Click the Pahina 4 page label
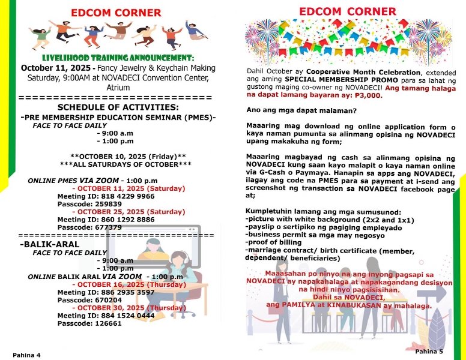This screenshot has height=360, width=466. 26,355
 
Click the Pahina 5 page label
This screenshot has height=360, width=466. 428,351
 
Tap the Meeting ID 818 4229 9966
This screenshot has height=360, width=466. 106,196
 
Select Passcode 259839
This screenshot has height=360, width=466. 81,204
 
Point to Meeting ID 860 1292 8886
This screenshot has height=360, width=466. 106,220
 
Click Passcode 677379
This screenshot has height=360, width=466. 81,227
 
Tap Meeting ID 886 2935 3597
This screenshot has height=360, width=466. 106,292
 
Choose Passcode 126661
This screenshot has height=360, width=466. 81,323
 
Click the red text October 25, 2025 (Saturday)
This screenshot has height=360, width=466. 120,212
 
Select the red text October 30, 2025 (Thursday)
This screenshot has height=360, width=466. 121,308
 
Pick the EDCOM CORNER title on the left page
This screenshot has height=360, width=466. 116,13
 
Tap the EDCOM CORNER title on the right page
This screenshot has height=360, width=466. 348,11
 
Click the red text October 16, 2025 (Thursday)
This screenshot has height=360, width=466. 121,284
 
